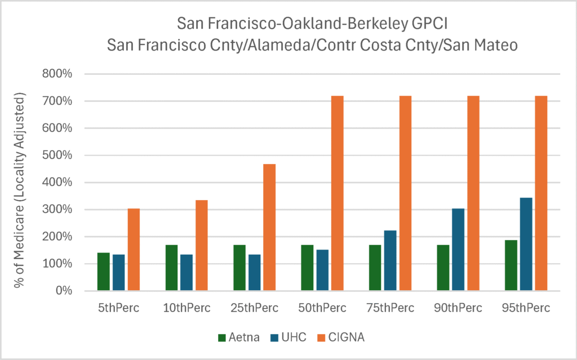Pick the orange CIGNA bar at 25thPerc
point(269,227)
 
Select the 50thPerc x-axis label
point(323,308)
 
